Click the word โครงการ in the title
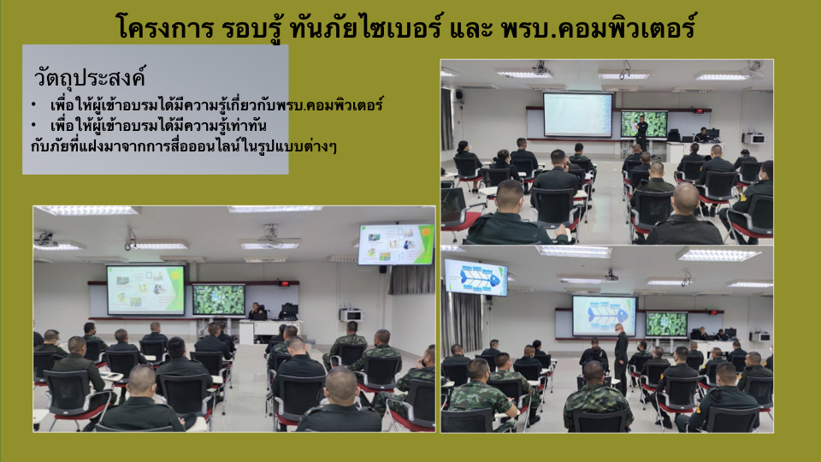coord(164,27)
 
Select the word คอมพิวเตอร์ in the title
coord(626,27)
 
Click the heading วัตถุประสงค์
coord(90,78)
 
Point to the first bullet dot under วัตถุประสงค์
coord(33,104)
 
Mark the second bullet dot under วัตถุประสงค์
coord(33,125)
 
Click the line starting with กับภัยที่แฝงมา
coord(183,146)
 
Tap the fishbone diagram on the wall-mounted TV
coord(475,277)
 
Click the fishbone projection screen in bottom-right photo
coord(605,315)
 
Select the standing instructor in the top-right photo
coord(641,133)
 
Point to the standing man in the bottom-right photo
coord(621,358)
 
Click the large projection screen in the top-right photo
coord(577,114)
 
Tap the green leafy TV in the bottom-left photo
coord(218,299)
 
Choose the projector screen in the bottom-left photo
coord(145,289)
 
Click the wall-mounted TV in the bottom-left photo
coord(396,244)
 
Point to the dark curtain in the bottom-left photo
coord(411,279)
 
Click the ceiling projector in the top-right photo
coord(540,67)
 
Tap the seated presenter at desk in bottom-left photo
coord(257,311)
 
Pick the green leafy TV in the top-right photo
coord(644,124)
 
